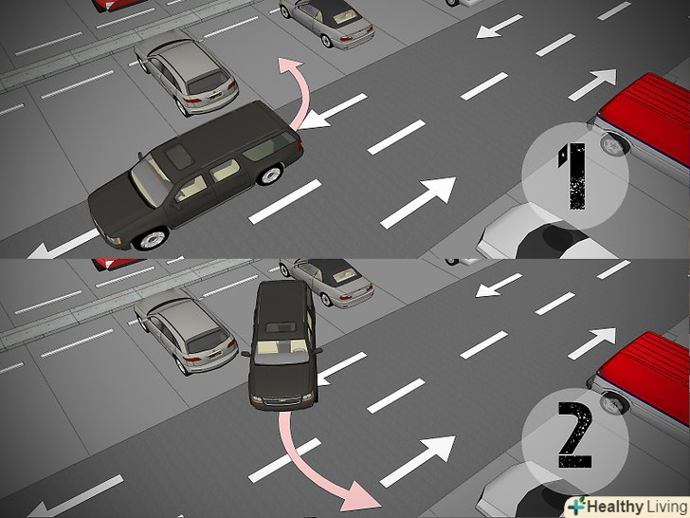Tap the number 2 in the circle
(575, 435)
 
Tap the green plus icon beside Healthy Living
(577, 506)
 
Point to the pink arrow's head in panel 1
(290, 65)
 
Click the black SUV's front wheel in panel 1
(151, 239)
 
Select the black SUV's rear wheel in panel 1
(270, 174)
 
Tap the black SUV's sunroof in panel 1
(178, 156)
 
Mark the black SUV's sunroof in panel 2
(281, 326)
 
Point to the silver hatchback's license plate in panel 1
(215, 94)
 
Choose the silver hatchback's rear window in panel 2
(208, 342)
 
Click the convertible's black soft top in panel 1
(332, 12)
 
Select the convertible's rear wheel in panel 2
(326, 300)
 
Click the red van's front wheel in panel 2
(612, 403)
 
